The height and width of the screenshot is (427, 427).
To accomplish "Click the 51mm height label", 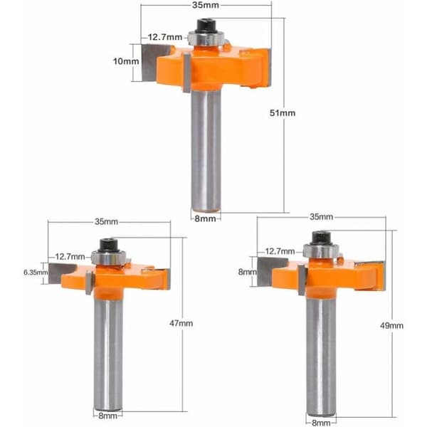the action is click(x=283, y=112).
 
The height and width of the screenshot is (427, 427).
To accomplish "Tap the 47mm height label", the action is click(x=181, y=323).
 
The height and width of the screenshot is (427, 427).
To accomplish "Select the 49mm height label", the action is click(x=391, y=325).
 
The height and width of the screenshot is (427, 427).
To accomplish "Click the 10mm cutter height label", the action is click(x=126, y=61).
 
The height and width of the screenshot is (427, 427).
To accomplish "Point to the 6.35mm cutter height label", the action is click(x=36, y=272).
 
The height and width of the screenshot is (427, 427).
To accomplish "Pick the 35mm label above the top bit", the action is click(x=206, y=5).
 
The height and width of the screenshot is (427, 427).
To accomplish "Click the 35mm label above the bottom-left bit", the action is click(x=106, y=221).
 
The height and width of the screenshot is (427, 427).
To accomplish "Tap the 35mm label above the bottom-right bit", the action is click(x=322, y=217).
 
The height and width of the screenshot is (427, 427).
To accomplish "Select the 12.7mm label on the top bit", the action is click(x=165, y=37).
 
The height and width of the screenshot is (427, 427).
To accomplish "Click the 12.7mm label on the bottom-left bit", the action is click(x=70, y=256).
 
